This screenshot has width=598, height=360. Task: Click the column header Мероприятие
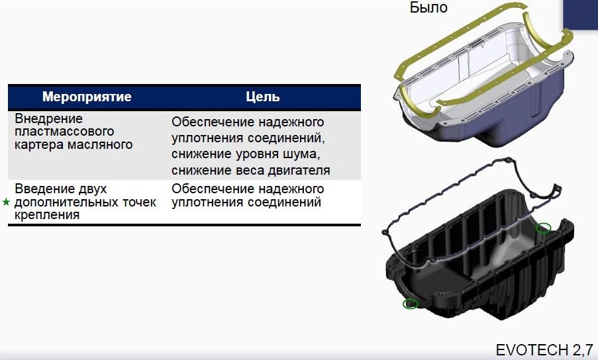tap(87, 97)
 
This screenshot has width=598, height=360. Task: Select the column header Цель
tap(263, 97)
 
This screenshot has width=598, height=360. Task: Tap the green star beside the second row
tap(6, 202)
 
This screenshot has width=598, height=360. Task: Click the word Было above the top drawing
tap(428, 7)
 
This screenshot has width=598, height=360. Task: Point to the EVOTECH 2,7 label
tap(544, 349)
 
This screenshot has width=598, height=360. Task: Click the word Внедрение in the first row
tap(48, 118)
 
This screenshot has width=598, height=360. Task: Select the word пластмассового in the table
tap(64, 132)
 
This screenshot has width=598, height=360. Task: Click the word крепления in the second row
tap(47, 215)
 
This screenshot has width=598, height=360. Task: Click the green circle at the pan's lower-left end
tap(411, 304)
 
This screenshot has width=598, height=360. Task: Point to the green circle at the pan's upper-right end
tap(544, 228)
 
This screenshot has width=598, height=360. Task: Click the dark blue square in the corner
tap(581, 14)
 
